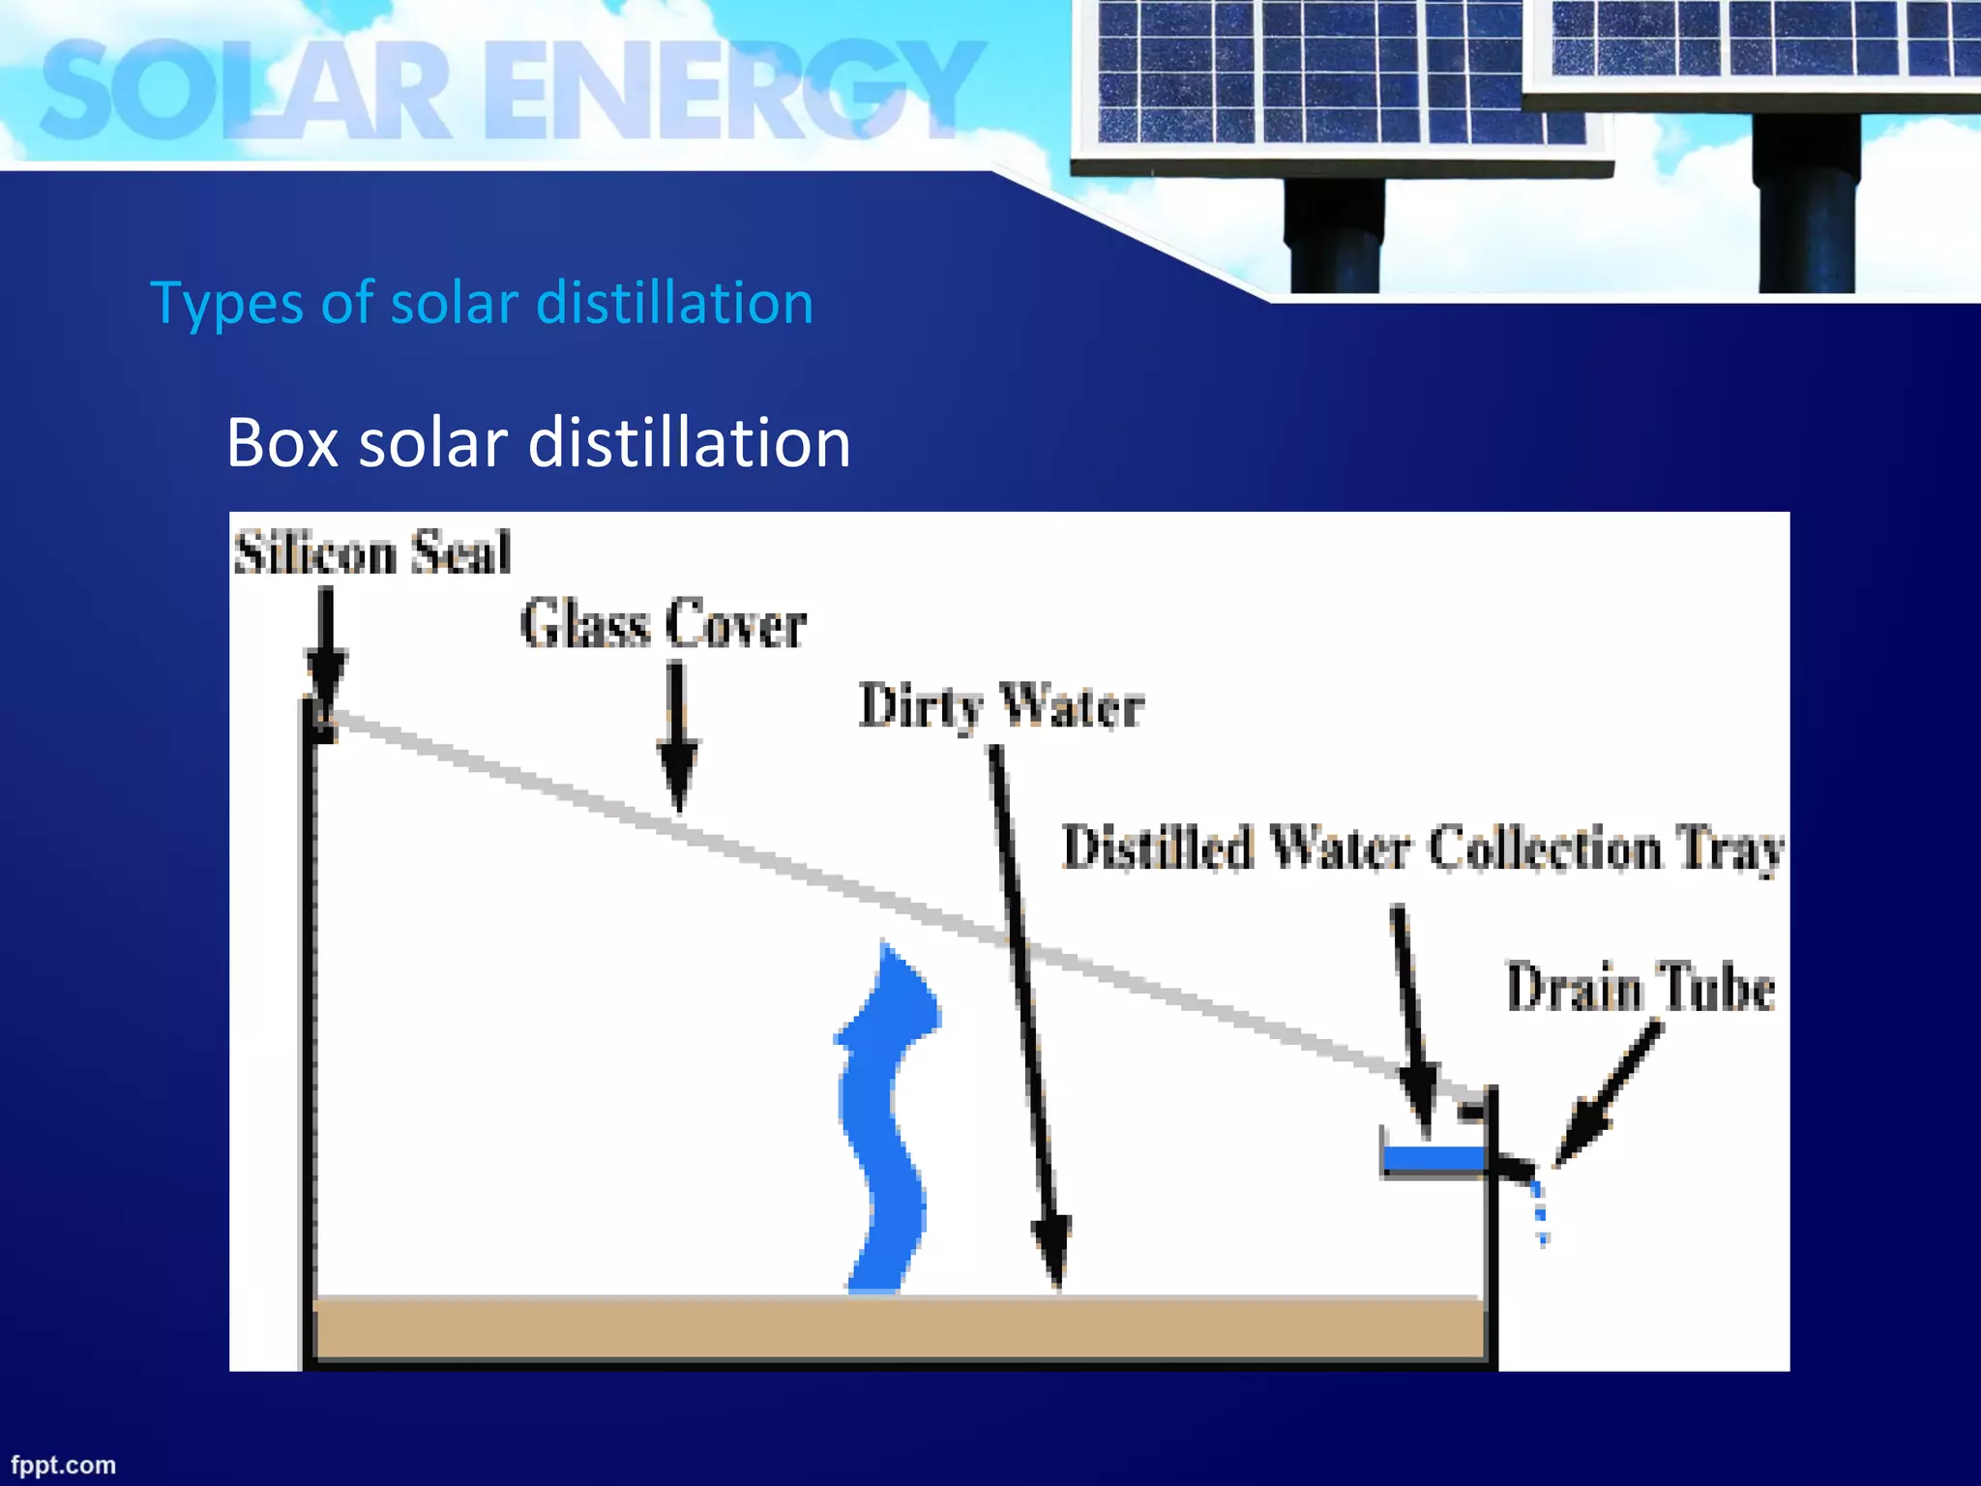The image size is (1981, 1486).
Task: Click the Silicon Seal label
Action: coord(372,553)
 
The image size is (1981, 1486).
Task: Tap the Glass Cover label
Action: coord(664,624)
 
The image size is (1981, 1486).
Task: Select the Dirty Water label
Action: coord(1002,706)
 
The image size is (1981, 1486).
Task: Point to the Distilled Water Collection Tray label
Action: coord(1423,848)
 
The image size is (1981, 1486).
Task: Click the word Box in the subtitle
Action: coord(281,444)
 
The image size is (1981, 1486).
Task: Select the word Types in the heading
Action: coord(227,304)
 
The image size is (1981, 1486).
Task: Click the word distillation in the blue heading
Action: coord(674,303)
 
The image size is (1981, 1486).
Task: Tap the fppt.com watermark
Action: coord(64,1465)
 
